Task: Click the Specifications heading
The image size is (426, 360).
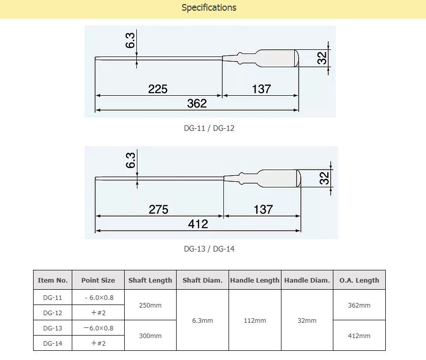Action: (209, 8)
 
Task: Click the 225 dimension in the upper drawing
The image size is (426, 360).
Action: (158, 89)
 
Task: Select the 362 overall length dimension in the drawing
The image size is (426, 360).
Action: (197, 103)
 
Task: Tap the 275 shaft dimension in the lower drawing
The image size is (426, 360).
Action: (158, 209)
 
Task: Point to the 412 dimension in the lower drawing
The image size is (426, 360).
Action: (198, 224)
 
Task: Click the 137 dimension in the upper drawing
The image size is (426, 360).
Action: (261, 89)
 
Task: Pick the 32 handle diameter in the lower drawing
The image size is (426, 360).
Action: (324, 178)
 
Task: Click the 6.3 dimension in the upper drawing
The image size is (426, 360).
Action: (130, 41)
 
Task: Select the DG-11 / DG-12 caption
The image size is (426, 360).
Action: (209, 128)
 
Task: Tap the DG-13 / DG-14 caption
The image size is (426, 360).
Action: (209, 249)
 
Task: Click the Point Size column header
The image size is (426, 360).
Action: (98, 280)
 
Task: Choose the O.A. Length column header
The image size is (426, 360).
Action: (359, 280)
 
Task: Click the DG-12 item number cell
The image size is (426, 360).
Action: (53, 313)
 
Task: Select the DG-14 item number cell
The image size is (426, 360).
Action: (53, 343)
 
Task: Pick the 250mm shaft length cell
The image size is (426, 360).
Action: (150, 305)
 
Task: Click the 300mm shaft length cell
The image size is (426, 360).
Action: (150, 336)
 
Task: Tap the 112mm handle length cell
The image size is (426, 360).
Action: (255, 321)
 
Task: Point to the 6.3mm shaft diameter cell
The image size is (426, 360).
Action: (203, 321)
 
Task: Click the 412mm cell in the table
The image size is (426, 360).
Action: (359, 336)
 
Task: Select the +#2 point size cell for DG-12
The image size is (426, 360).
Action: (98, 313)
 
